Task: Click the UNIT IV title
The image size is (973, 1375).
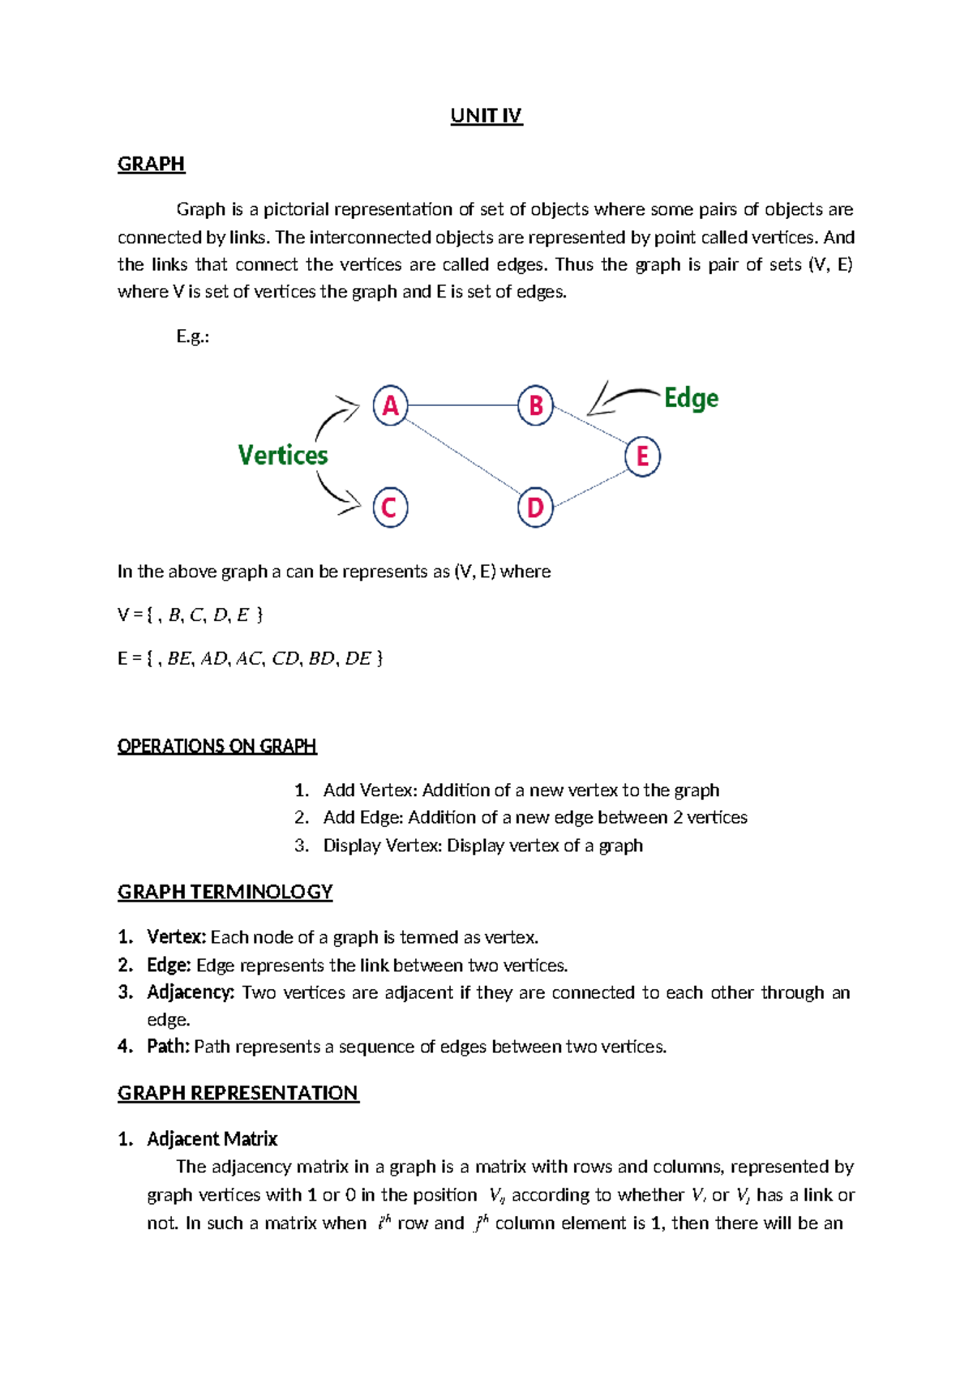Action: tap(486, 116)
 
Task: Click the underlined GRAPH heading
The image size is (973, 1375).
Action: tap(152, 164)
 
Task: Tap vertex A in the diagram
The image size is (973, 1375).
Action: tap(390, 405)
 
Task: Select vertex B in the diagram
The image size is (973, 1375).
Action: tap(535, 405)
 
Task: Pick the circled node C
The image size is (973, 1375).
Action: tap(390, 508)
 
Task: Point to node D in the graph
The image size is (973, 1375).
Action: tap(535, 508)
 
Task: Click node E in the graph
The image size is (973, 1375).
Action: tap(642, 456)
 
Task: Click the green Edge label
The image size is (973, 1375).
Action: tap(691, 398)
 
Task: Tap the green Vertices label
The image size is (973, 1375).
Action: tap(283, 456)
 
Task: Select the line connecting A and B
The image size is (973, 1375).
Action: tap(462, 405)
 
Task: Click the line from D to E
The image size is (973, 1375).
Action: tap(589, 489)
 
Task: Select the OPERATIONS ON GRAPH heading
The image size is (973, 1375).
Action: tap(216, 746)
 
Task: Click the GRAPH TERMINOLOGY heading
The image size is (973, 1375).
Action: tap(225, 892)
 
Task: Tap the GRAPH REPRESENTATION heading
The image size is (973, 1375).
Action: tap(238, 1093)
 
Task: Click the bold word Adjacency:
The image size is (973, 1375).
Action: tap(191, 992)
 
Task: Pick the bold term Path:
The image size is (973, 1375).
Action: tap(168, 1047)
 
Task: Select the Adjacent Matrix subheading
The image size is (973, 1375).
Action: tap(212, 1139)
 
